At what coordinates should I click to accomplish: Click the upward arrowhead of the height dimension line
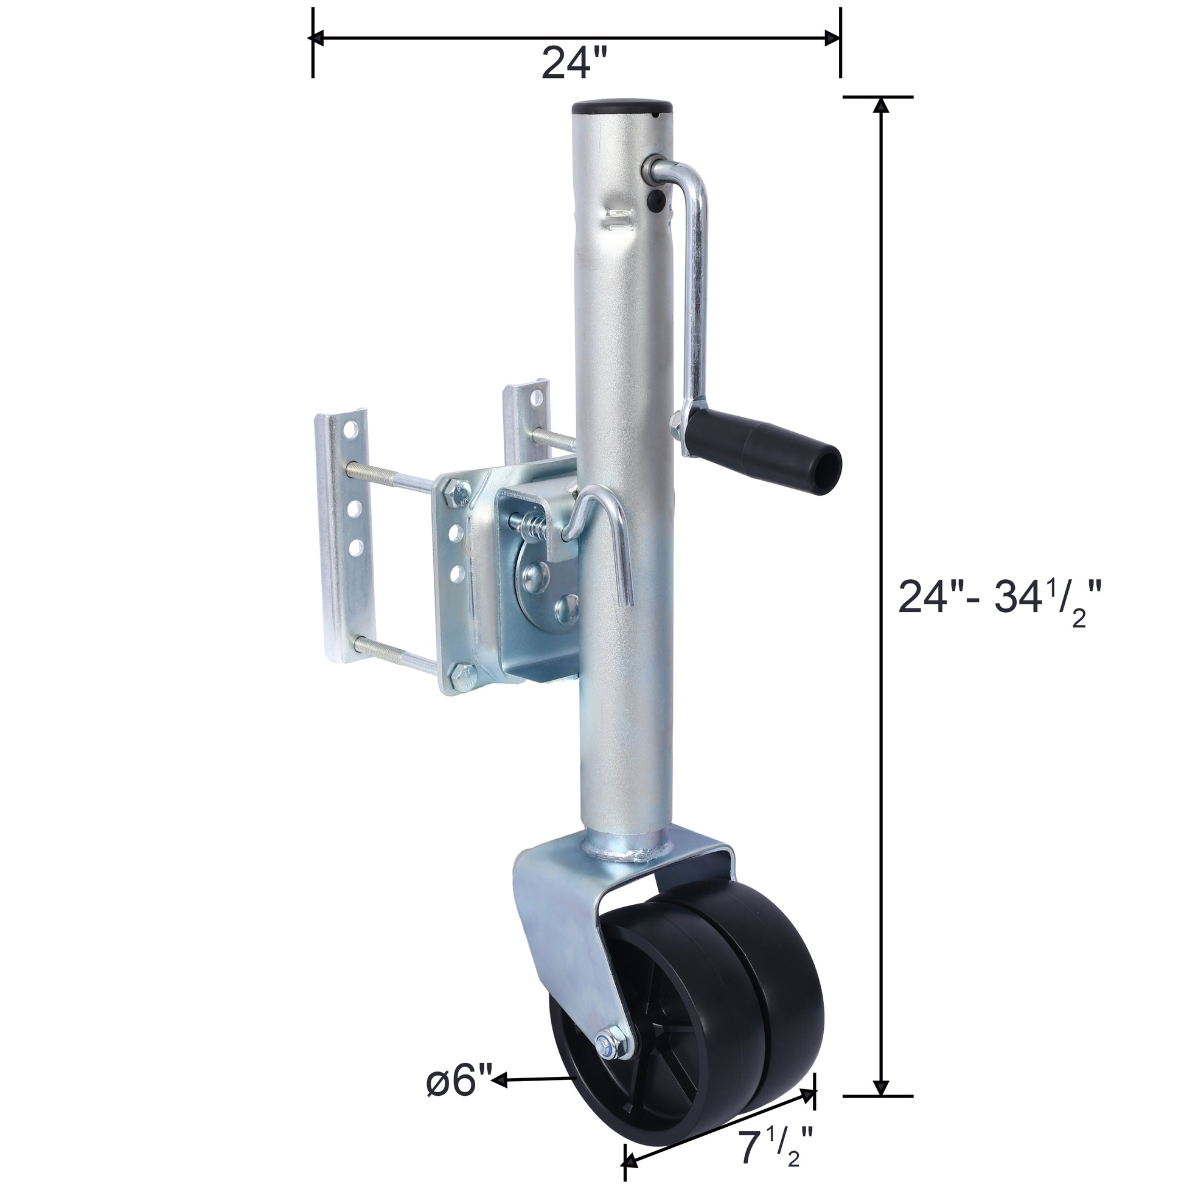click(880, 105)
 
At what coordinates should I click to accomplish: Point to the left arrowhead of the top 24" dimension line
click(318, 38)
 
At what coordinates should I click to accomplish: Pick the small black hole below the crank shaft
click(657, 198)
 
